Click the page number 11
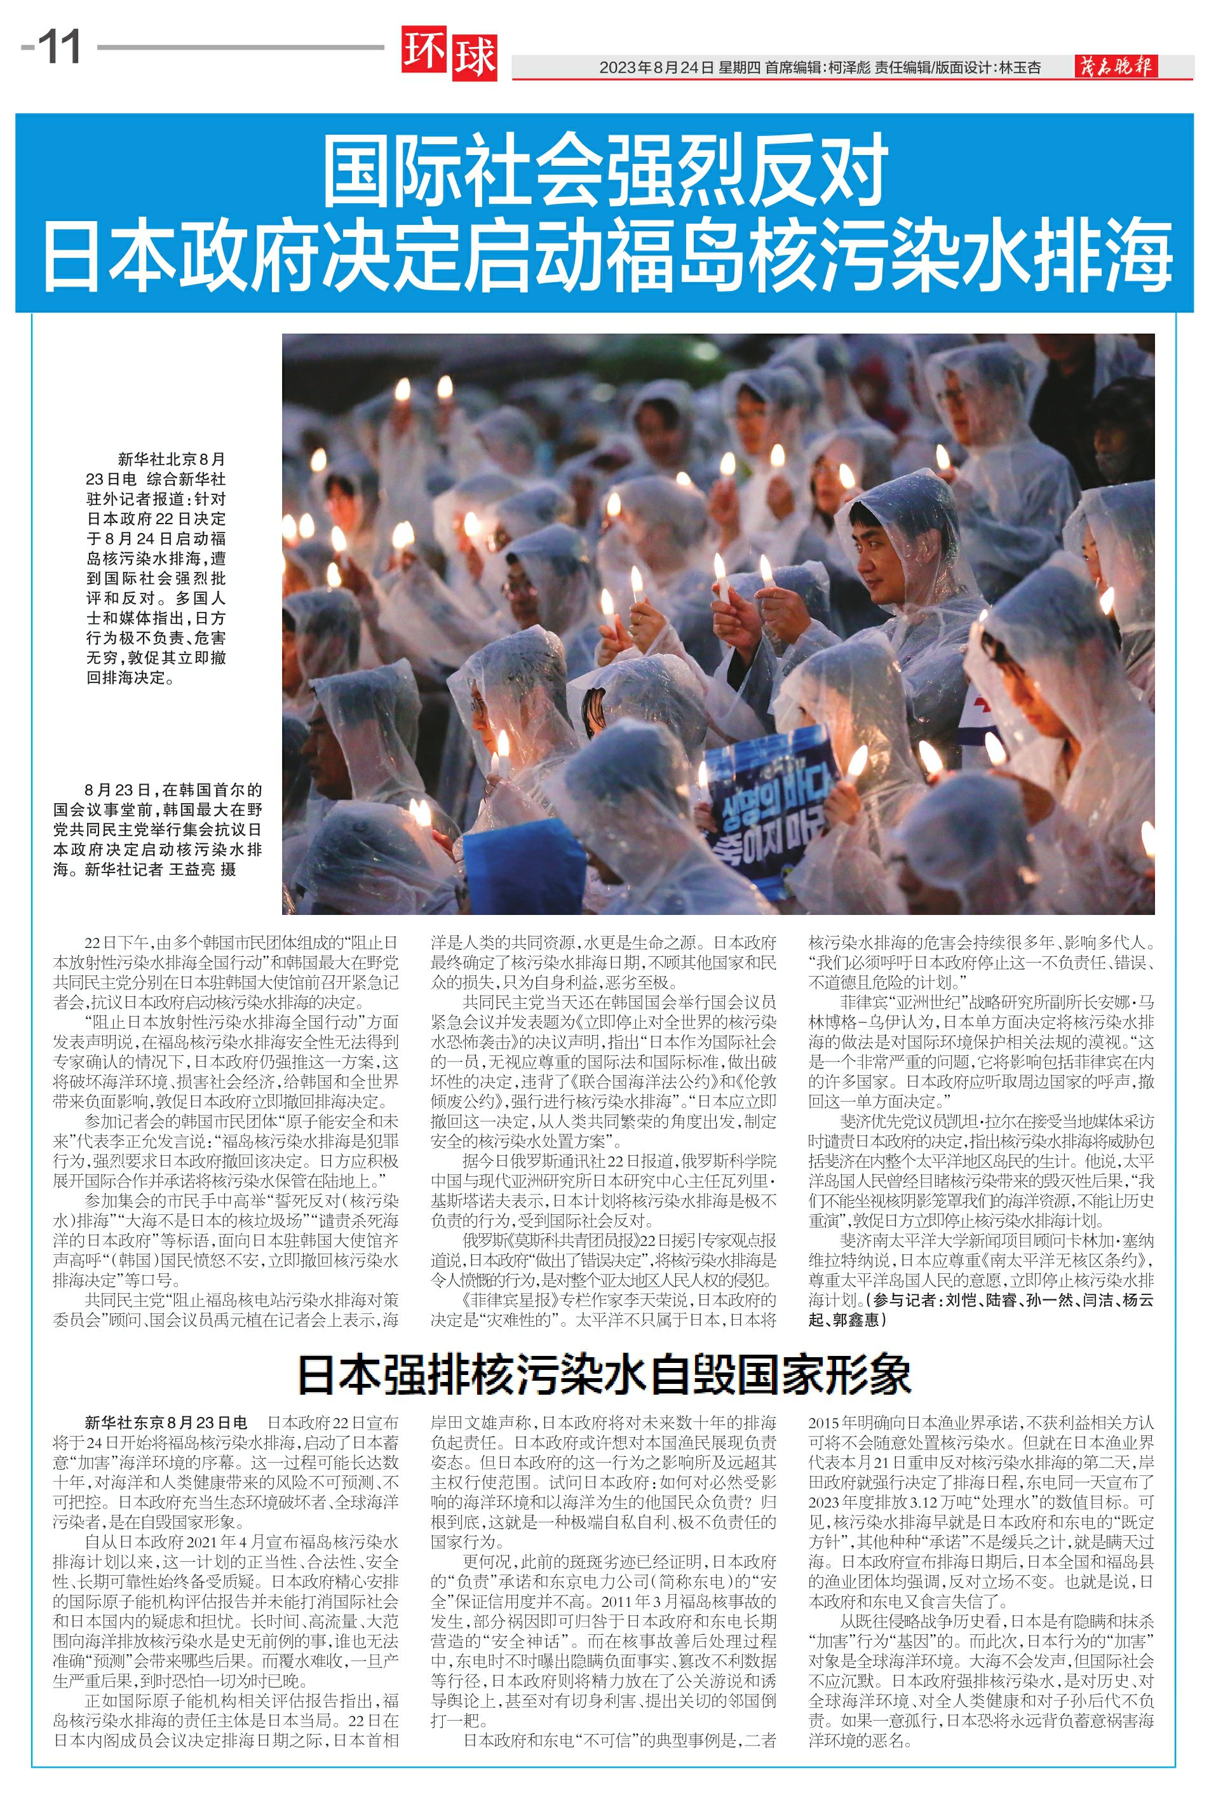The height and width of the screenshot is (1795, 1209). click(x=58, y=48)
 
